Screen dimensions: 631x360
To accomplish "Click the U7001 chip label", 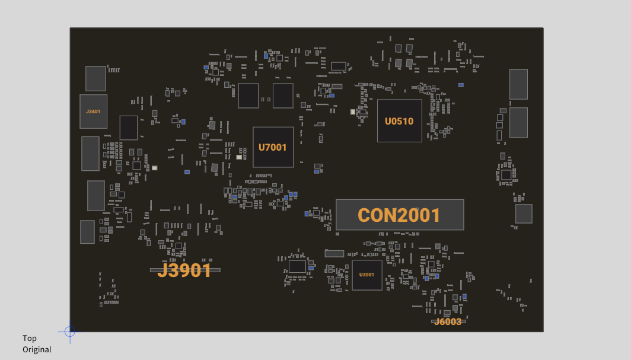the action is [x=272, y=148].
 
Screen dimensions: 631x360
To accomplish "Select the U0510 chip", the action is [x=400, y=120].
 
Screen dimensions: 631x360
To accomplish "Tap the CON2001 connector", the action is [x=400, y=215].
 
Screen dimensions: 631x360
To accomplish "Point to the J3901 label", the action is [x=184, y=270].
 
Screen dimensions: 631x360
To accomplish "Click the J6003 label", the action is [x=448, y=322].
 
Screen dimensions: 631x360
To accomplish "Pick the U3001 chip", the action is [x=367, y=275].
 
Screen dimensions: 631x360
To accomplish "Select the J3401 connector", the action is [x=93, y=111].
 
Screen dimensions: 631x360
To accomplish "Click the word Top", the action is [x=30, y=338].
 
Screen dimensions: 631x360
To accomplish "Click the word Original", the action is [x=37, y=349].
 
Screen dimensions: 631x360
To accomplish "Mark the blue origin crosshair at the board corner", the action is [x=70, y=332].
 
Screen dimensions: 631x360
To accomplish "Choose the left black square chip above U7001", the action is [x=248, y=95].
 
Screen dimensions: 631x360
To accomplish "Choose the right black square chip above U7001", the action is [x=283, y=95].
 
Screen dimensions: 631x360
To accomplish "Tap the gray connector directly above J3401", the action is [x=96, y=78].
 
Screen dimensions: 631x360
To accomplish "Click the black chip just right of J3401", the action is [x=128, y=128].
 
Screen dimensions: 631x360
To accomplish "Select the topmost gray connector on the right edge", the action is [x=518, y=84].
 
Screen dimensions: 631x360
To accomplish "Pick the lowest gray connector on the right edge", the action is [x=524, y=214].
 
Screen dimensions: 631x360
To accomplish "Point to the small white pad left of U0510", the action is [x=353, y=112].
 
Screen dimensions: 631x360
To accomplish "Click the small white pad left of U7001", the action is [x=239, y=157].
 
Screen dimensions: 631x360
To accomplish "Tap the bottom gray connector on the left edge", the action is [x=87, y=232].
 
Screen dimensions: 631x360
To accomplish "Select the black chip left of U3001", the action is [x=297, y=266].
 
